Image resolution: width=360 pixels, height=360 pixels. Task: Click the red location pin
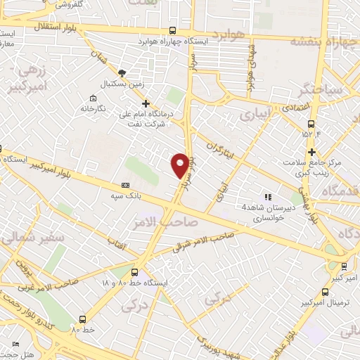point(181,165)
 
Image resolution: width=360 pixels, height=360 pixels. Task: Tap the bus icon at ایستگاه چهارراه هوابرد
point(173,31)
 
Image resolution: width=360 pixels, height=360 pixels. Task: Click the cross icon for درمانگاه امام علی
point(146,103)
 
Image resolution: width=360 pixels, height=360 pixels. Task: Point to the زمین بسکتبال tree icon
point(122,73)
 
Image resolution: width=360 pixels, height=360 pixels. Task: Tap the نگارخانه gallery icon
point(93,98)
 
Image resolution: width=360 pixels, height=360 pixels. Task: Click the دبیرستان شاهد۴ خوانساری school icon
point(267,196)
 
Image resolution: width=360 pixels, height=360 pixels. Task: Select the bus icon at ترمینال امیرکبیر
point(324,291)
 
